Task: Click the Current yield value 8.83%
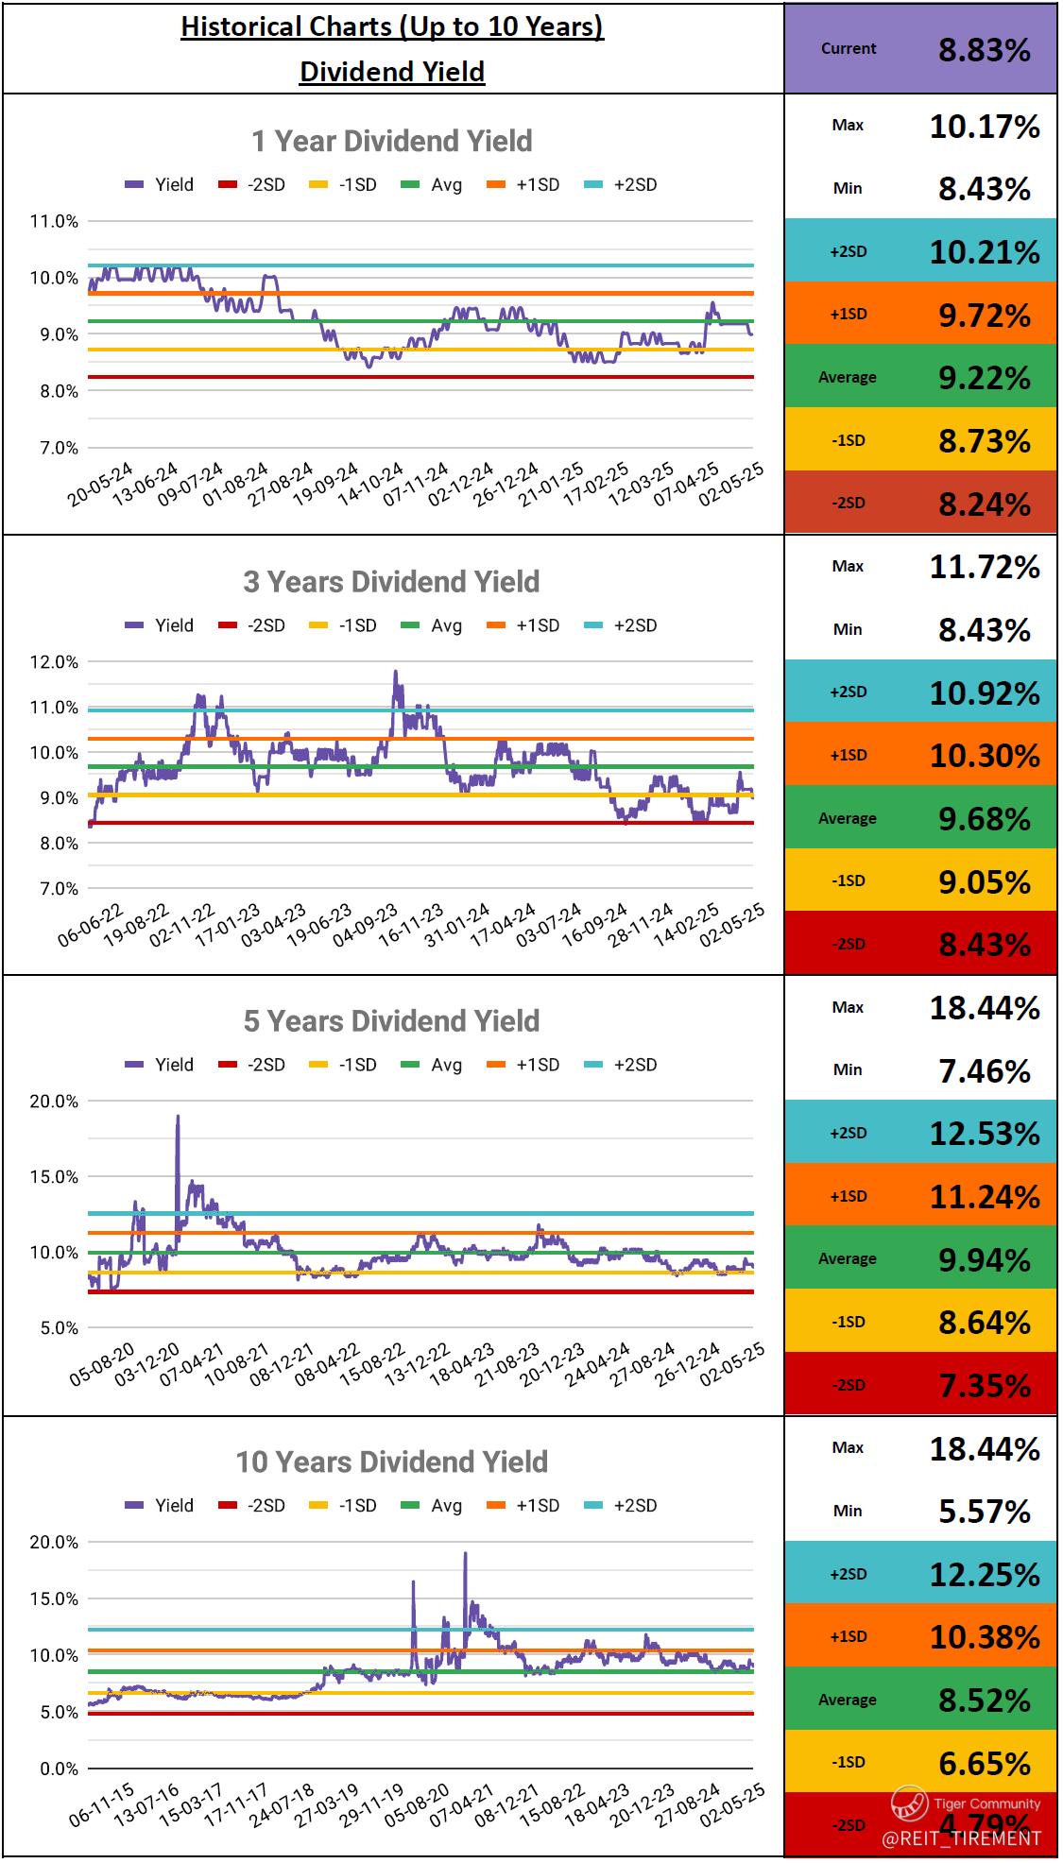tap(984, 49)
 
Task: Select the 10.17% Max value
tap(984, 127)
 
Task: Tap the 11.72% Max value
tap(984, 567)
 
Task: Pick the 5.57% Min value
tap(984, 1512)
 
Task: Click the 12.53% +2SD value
tap(984, 1133)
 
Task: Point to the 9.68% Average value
tap(984, 818)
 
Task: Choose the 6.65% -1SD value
tap(984, 1763)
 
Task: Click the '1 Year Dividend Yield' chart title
tap(391, 142)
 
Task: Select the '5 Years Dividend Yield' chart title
tap(391, 1021)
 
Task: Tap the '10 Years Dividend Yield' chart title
tap(391, 1462)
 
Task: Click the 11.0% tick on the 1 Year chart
tap(55, 222)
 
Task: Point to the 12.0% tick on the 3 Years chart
tap(55, 662)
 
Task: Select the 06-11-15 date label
tap(102, 1805)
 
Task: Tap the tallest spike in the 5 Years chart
tap(178, 1118)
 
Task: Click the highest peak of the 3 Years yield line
tap(395, 673)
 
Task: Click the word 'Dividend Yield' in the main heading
tap(391, 72)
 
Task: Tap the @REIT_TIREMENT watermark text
tap(961, 1838)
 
